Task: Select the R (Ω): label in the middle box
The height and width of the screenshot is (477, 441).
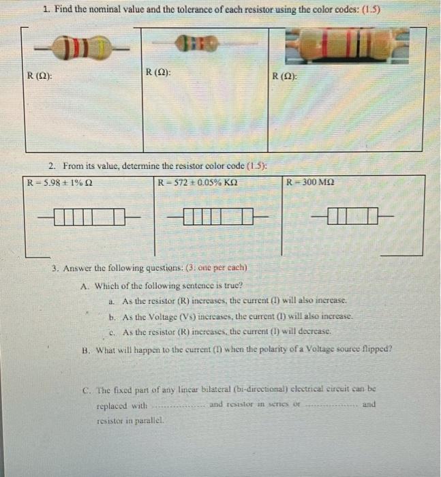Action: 158,71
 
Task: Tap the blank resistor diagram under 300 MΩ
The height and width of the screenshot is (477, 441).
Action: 350,217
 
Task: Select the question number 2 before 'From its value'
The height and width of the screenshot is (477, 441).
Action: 52,166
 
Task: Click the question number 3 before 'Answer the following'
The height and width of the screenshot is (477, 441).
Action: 56,268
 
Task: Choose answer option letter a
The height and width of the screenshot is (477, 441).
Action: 111,301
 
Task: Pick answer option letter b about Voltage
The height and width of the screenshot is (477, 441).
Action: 111,317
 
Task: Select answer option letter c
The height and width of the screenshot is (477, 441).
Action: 111,333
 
